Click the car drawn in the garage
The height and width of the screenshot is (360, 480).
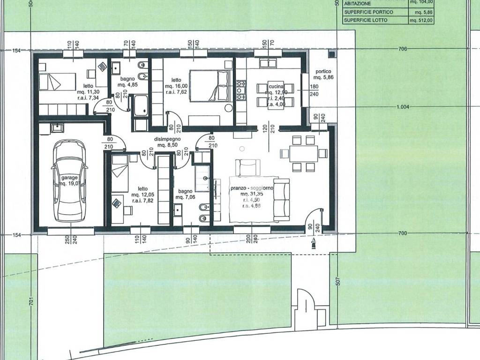click(x=69, y=180)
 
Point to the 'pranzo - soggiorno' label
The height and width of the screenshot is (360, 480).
click(x=252, y=188)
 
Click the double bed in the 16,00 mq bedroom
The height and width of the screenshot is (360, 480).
click(x=210, y=85)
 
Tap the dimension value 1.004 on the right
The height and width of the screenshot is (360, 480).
click(x=403, y=107)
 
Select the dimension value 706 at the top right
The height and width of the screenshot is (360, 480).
click(x=402, y=49)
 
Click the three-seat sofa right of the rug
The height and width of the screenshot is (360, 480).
click(x=282, y=200)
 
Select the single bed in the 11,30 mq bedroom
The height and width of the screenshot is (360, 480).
click(x=56, y=82)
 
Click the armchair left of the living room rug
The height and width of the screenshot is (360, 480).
click(x=247, y=167)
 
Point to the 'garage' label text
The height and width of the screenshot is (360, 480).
click(x=68, y=178)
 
